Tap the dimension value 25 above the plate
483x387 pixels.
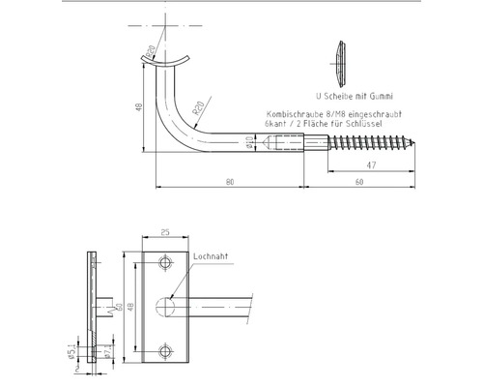pos(166,231)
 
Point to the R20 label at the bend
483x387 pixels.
pos(196,112)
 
